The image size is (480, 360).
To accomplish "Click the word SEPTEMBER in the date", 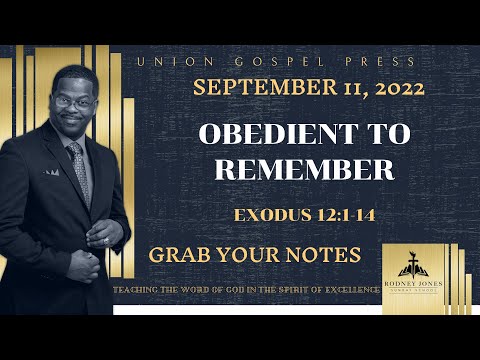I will pyautogui.click(x=258, y=88).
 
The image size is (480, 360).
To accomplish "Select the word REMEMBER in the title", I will pyautogui.click(x=304, y=169).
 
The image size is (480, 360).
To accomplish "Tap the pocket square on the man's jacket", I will pyautogui.click(x=50, y=171).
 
